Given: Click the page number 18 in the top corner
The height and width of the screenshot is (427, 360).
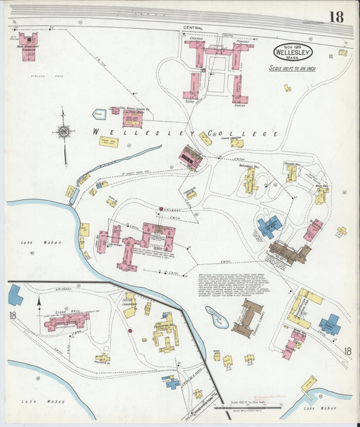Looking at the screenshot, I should pyautogui.click(x=336, y=16).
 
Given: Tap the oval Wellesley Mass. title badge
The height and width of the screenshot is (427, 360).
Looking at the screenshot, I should pyautogui.click(x=292, y=51).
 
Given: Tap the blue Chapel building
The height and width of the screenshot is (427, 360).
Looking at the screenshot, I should pyautogui.click(x=330, y=324).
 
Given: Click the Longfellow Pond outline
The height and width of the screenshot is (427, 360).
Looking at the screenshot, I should pyautogui.click(x=216, y=316).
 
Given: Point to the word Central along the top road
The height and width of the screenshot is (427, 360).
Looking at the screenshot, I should pyautogui.click(x=192, y=28).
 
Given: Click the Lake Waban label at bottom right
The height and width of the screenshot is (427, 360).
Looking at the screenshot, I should pyautogui.click(x=318, y=408).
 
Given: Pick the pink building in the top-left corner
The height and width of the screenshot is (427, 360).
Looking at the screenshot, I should pyautogui.click(x=28, y=47).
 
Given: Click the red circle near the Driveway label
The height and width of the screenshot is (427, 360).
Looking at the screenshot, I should pyautogui.click(x=161, y=208).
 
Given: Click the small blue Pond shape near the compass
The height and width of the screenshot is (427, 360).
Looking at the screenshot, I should pyautogui.click(x=99, y=115).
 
